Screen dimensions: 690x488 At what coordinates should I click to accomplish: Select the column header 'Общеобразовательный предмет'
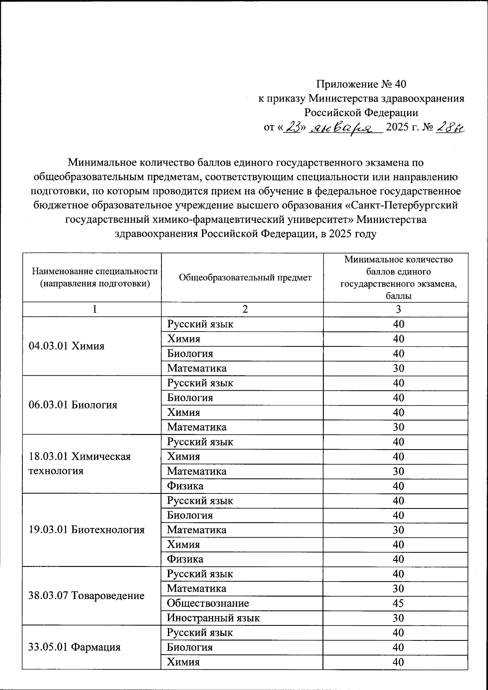(245, 277)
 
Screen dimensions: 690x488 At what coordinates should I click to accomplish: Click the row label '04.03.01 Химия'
(67, 346)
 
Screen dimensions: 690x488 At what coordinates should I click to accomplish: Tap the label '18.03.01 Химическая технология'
(79, 463)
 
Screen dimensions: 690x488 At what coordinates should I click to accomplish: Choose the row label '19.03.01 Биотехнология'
(87, 530)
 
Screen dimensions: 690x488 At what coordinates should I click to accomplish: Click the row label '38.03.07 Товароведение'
(87, 596)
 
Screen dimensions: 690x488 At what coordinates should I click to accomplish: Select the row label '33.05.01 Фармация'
(74, 647)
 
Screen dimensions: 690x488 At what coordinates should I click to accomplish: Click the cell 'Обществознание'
(208, 603)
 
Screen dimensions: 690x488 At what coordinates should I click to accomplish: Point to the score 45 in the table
(398, 603)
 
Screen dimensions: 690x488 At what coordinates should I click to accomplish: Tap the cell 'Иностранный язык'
(213, 618)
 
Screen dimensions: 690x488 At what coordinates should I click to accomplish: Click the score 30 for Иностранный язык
(398, 618)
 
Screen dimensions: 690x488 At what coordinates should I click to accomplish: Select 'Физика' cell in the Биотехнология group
(185, 559)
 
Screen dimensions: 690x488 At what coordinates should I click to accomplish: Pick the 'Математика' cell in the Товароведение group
(196, 588)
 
